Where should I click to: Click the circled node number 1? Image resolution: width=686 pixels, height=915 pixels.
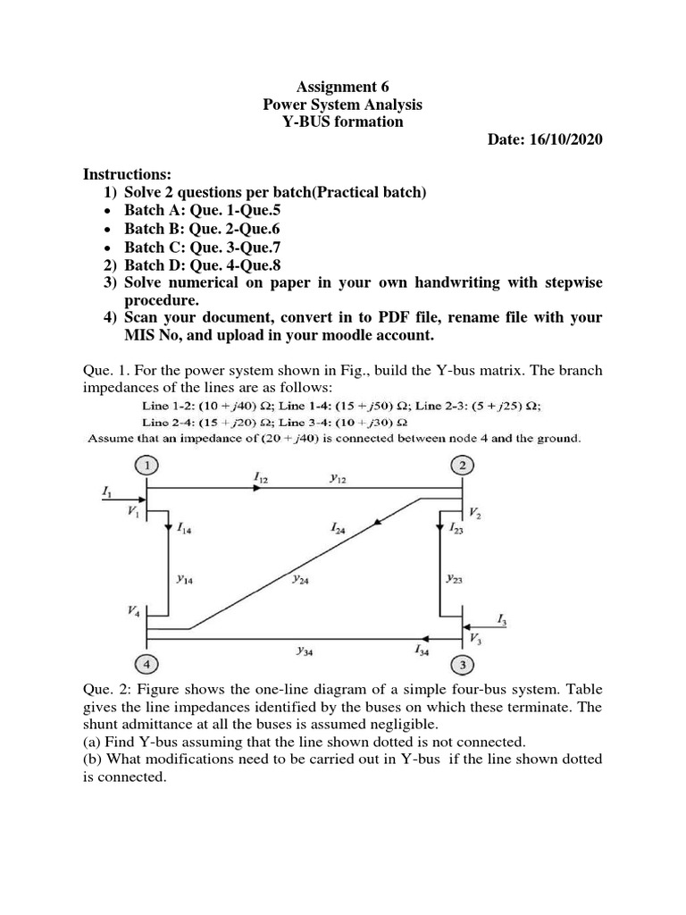[146, 465]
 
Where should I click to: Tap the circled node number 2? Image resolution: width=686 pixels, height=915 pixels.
[463, 465]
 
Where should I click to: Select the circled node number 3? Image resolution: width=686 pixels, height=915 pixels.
[463, 664]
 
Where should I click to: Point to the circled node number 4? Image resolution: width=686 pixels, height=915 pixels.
[146, 664]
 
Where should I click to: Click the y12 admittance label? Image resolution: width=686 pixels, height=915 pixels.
[338, 479]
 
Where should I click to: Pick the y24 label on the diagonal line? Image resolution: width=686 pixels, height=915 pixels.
[301, 578]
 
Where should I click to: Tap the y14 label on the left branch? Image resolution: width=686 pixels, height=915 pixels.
[185, 579]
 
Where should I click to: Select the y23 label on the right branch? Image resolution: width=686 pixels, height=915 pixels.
[454, 578]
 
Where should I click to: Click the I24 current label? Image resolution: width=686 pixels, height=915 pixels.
[338, 529]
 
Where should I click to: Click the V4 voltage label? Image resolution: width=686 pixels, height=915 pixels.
[133, 611]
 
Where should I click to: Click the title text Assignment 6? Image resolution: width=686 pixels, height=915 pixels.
[343, 87]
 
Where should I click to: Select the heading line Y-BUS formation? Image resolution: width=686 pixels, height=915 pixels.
[343, 122]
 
